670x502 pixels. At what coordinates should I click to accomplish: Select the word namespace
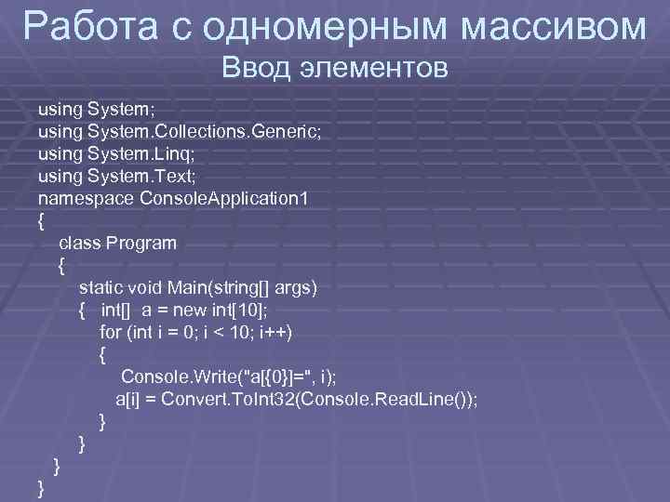tap(86, 198)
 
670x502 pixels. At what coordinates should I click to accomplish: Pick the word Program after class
tap(141, 244)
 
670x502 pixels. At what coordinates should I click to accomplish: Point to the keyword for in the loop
tap(111, 333)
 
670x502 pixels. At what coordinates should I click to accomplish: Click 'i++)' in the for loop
tap(285, 333)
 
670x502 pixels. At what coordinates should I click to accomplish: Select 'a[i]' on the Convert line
tap(129, 400)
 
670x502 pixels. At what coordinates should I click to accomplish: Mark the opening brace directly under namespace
tap(39, 221)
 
